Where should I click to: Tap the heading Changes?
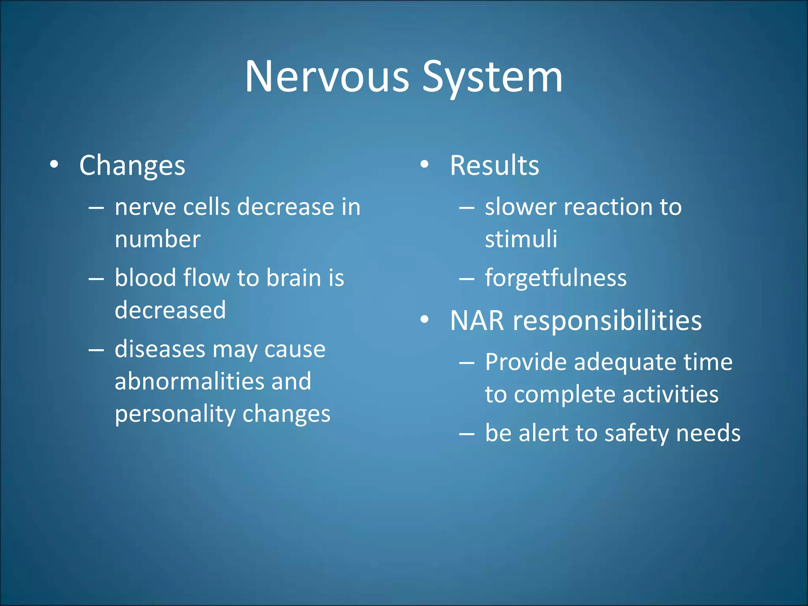coord(132,165)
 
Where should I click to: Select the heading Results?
coord(494,165)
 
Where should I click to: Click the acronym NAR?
coord(477,320)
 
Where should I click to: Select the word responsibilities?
coord(607,320)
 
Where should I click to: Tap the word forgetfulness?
coord(555,278)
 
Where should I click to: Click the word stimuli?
coord(521,239)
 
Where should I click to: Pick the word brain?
coord(294,278)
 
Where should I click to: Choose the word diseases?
coord(160,350)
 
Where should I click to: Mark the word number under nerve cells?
coord(157,239)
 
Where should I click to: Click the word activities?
coord(670,394)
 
